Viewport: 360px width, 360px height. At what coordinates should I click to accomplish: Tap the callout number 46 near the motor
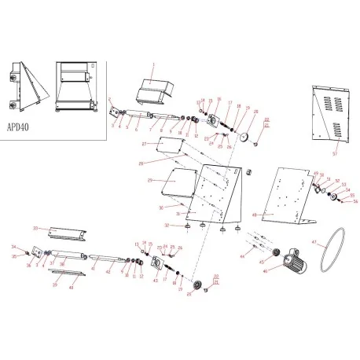click(266, 270)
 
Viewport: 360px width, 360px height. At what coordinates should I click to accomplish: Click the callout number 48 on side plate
click(255, 215)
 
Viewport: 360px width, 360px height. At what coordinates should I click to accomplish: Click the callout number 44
click(242, 258)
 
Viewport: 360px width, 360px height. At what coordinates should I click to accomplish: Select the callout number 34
click(13, 247)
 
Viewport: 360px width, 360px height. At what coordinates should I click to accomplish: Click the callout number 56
click(354, 202)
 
